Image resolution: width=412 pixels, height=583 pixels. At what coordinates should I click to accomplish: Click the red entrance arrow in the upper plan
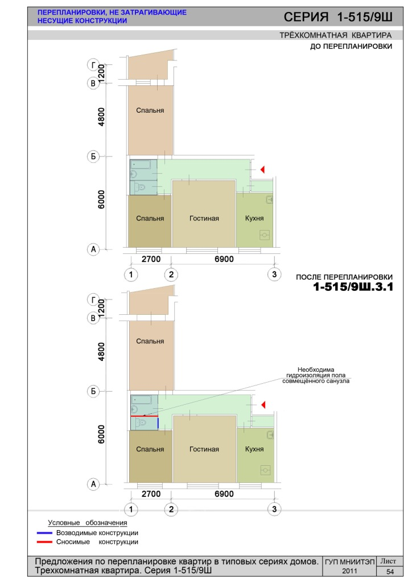coord(262,170)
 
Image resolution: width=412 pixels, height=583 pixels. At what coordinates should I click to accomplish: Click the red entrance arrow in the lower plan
coord(263,405)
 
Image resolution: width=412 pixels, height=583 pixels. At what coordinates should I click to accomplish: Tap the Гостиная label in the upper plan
coord(204,218)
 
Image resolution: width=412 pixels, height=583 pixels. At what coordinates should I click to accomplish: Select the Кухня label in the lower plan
coord(254,449)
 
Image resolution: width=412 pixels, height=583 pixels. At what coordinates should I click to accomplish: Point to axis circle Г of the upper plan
coord(93,65)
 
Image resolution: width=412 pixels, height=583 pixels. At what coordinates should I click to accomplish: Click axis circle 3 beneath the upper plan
coord(274,274)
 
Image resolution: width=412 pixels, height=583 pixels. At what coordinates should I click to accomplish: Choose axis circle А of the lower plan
coord(93,484)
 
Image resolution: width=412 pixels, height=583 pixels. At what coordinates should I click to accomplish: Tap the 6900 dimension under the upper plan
coord(224,259)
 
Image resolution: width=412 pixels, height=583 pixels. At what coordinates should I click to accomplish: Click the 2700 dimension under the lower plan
coord(151,494)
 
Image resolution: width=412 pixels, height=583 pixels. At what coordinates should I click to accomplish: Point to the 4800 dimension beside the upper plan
coord(101,117)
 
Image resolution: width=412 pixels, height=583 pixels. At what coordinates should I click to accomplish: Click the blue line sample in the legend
coord(44,533)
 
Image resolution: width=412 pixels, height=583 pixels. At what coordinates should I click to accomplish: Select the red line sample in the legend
coord(44,542)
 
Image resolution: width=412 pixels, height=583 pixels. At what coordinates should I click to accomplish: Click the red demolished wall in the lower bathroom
coord(144,416)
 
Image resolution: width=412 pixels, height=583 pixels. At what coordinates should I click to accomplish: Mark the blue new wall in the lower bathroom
coord(158,423)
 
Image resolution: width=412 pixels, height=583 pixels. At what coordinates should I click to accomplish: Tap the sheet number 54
coord(390,572)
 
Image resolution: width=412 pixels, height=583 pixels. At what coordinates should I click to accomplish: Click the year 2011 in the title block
coord(349,571)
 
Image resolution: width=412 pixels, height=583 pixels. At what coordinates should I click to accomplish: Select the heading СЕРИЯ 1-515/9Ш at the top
coord(337,17)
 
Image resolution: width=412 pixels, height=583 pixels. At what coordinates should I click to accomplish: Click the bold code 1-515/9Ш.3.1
coord(353,287)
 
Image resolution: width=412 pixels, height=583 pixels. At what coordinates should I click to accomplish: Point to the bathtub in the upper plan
coord(143,165)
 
